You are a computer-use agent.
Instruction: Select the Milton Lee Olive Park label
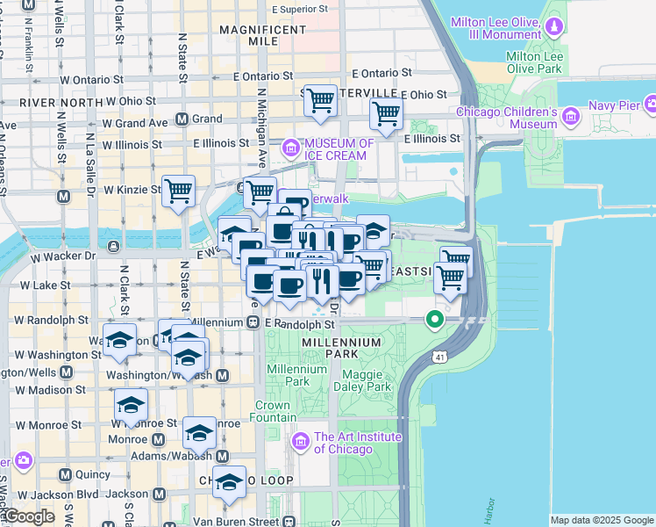click(545, 62)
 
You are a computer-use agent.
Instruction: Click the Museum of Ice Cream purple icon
click(290, 149)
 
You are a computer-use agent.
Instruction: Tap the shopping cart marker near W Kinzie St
click(178, 191)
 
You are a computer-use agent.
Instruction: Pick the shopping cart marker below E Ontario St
click(320, 101)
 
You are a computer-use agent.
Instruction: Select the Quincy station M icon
click(65, 474)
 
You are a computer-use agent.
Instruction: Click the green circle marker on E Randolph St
click(433, 319)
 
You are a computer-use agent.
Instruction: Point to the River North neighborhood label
click(50, 103)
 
